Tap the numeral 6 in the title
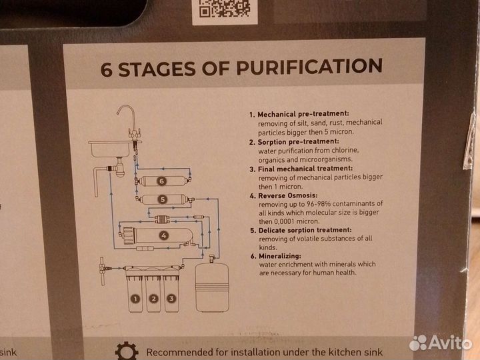(x=107, y=70)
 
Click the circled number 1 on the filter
(x=135, y=299)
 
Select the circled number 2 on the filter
(x=153, y=299)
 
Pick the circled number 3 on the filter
(x=171, y=299)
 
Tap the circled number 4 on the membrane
(x=164, y=235)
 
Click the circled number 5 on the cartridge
(x=163, y=199)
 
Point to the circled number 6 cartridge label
(x=161, y=181)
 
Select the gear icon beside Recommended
(x=127, y=351)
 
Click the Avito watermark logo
(x=440, y=343)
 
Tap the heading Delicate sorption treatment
(x=305, y=230)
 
